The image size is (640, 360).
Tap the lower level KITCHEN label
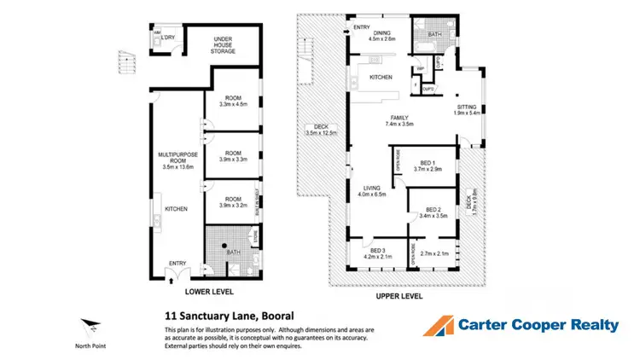click(x=177, y=209)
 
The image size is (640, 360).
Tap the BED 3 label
click(x=376, y=249)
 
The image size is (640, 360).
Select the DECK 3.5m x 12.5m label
click(x=321, y=130)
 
